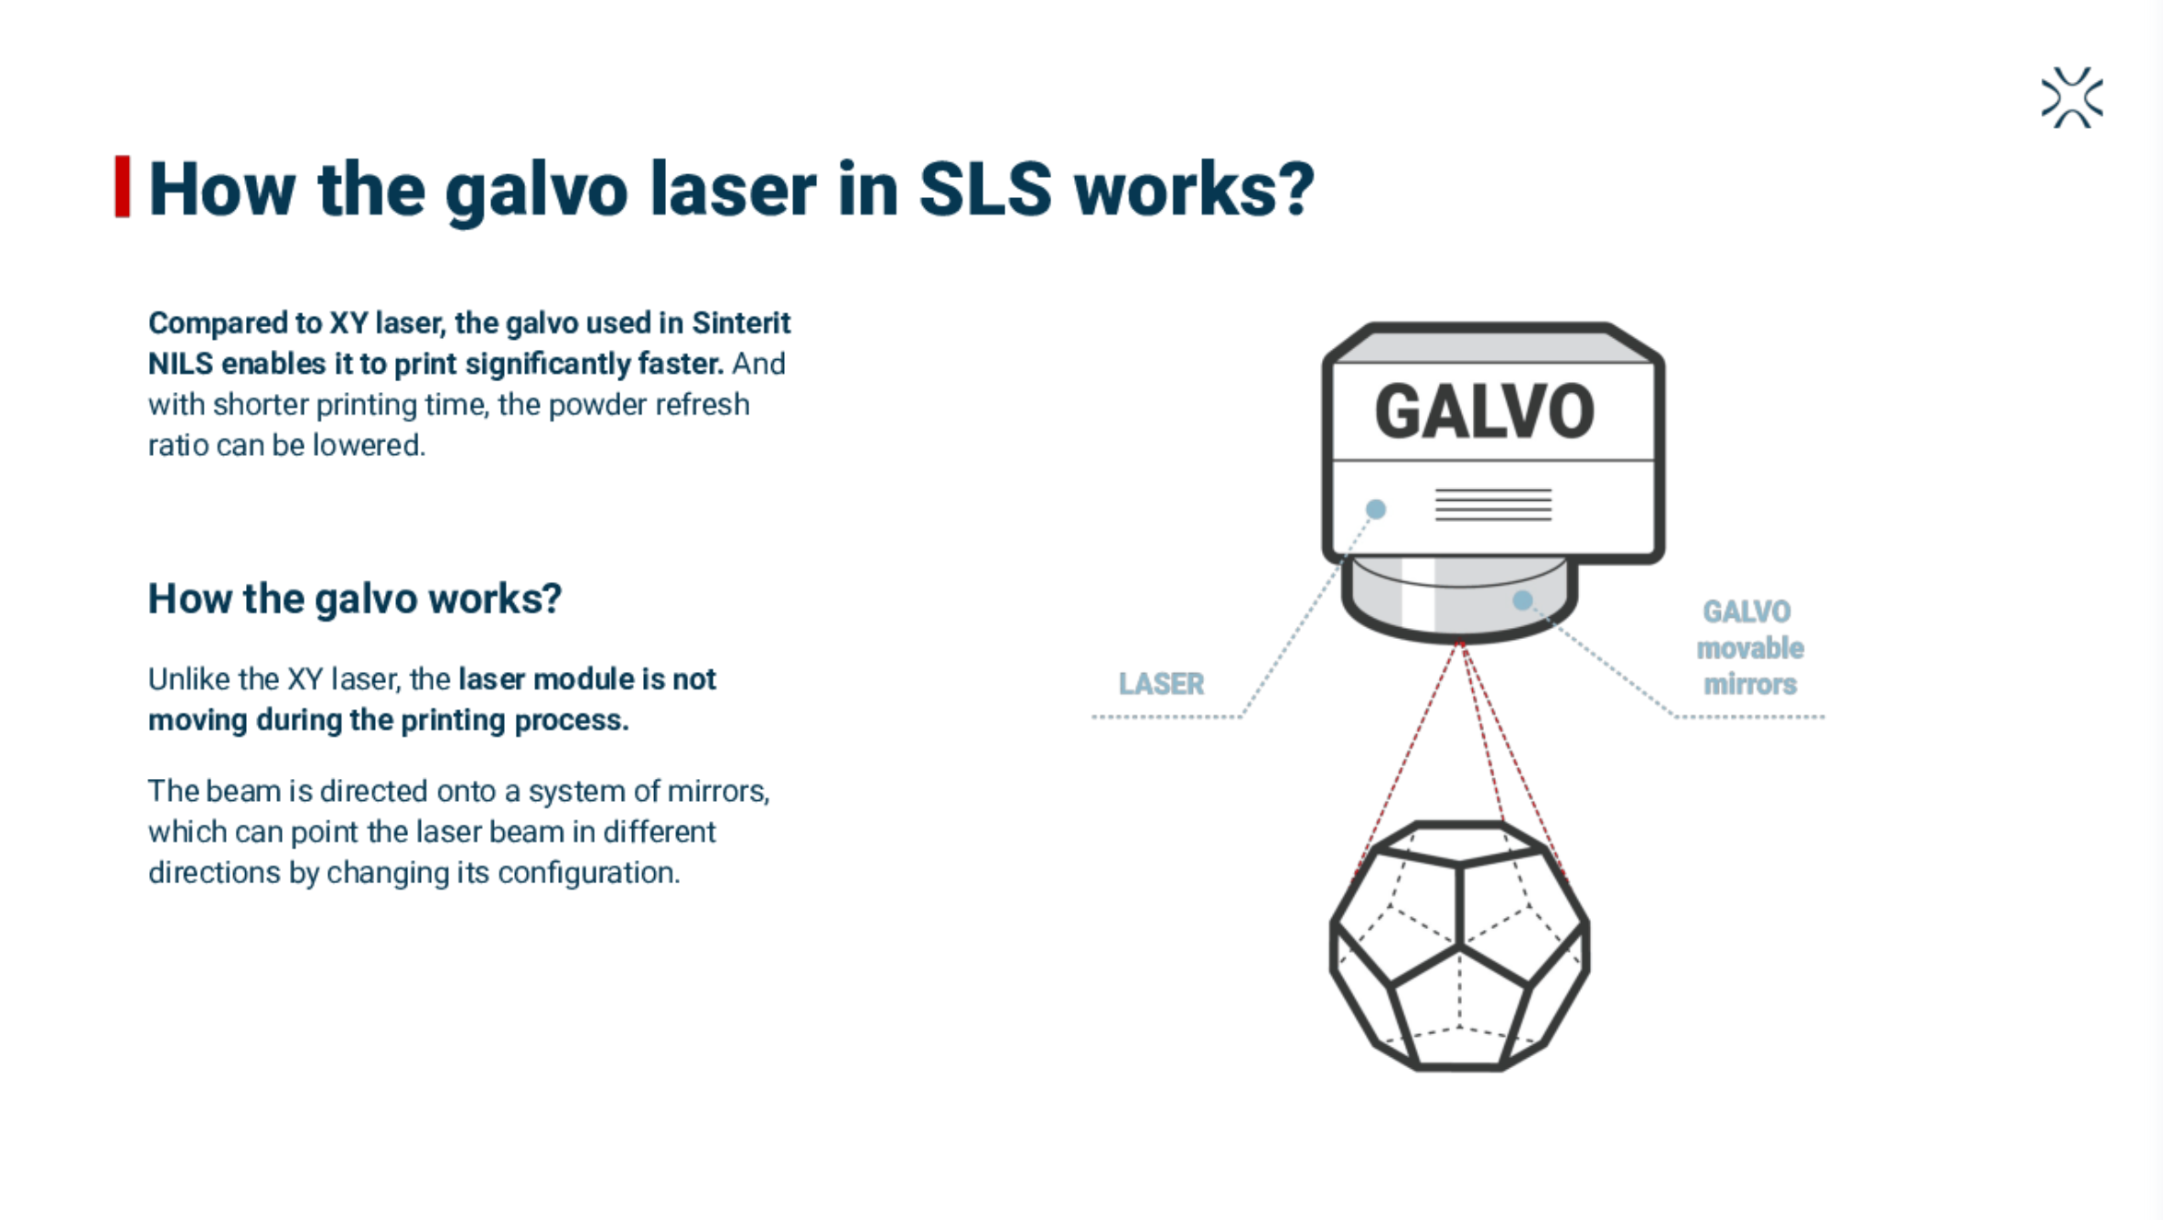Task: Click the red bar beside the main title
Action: [123, 187]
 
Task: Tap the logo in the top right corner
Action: [2072, 97]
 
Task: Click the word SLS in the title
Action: [985, 189]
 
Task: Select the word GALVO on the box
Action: [1484, 412]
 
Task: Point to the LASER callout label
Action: [1161, 684]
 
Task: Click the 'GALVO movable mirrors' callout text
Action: [1749, 648]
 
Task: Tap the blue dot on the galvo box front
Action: [1375, 509]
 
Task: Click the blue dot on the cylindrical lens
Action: [1523, 600]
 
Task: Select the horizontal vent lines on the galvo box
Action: [1493, 505]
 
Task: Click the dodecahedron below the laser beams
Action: [1460, 946]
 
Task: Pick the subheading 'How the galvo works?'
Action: [355, 599]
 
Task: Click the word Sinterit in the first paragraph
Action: [742, 323]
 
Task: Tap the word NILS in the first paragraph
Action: [181, 364]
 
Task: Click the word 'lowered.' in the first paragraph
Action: [369, 446]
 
